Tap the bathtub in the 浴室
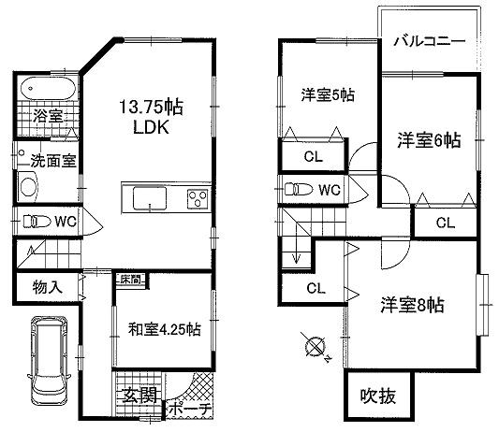point(47,90)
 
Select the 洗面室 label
point(51,159)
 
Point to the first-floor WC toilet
point(36,223)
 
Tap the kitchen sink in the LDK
point(149,199)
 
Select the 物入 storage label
point(46,287)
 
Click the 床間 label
point(130,279)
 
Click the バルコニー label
point(430,41)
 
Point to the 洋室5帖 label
point(327,94)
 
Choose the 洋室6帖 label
point(427,141)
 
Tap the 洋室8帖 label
point(412,305)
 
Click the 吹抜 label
point(378,396)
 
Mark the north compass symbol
point(314,348)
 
